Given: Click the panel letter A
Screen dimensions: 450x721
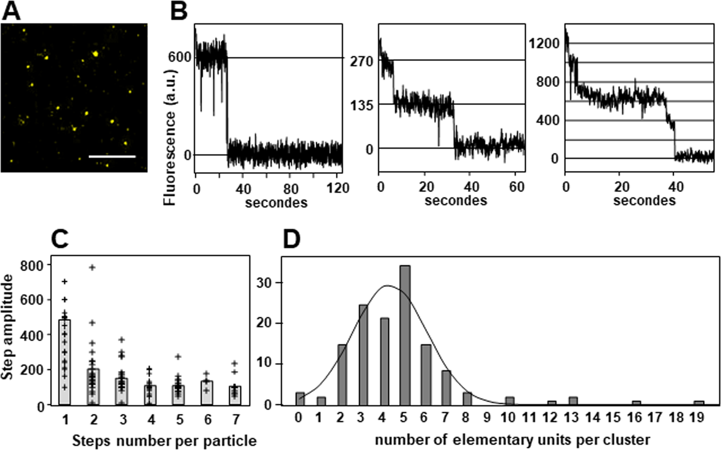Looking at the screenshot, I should pyautogui.click(x=11, y=11).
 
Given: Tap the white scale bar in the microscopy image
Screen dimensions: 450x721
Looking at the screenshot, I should pyautogui.click(x=112, y=156).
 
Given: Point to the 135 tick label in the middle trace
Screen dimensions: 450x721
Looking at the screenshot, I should pyautogui.click(x=362, y=106).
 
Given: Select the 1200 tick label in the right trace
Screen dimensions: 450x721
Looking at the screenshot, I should pyautogui.click(x=544, y=43).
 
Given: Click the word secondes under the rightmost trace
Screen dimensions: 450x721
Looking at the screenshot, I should pyautogui.click(x=644, y=201).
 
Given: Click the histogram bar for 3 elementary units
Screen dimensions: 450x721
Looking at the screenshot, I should pyautogui.click(x=363, y=354).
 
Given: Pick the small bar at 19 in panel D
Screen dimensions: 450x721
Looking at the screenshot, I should pyautogui.click(x=698, y=402).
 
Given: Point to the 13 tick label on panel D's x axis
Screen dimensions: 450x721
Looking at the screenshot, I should pyautogui.click(x=573, y=417).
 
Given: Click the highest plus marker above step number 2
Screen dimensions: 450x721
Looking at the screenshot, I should pyautogui.click(x=92, y=267).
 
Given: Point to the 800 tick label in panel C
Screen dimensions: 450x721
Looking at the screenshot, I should pyautogui.click(x=33, y=265).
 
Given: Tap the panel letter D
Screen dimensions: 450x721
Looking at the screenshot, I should pyautogui.click(x=291, y=239).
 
